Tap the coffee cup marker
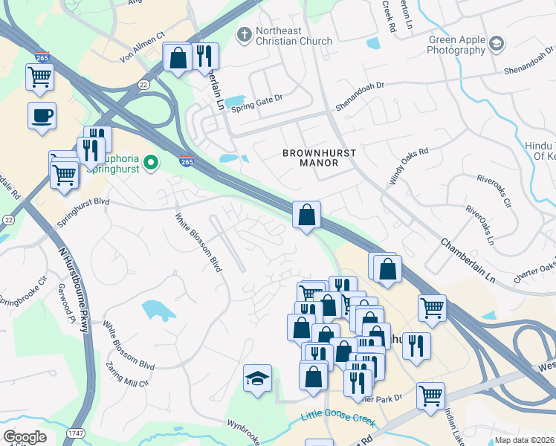coord(42,115)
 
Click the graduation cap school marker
coord(257,378)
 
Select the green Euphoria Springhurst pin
coord(152,161)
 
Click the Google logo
coord(25,436)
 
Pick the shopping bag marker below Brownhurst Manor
coord(306,216)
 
